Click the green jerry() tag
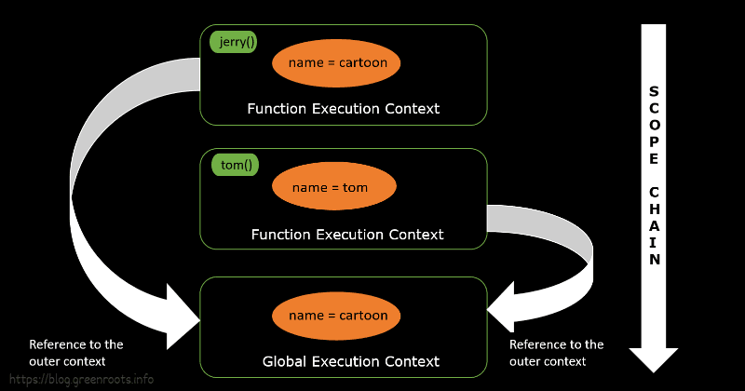234,42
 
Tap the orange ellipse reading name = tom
334,187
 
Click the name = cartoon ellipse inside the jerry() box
336,63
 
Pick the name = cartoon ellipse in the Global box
336,316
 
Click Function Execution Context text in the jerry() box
343,109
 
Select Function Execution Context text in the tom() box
346,235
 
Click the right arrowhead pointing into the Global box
502,307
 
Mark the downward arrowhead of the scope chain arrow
655,358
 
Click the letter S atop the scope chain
655,92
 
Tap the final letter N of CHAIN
655,260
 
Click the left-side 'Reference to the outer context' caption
76,353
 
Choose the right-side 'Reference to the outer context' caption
556,353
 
